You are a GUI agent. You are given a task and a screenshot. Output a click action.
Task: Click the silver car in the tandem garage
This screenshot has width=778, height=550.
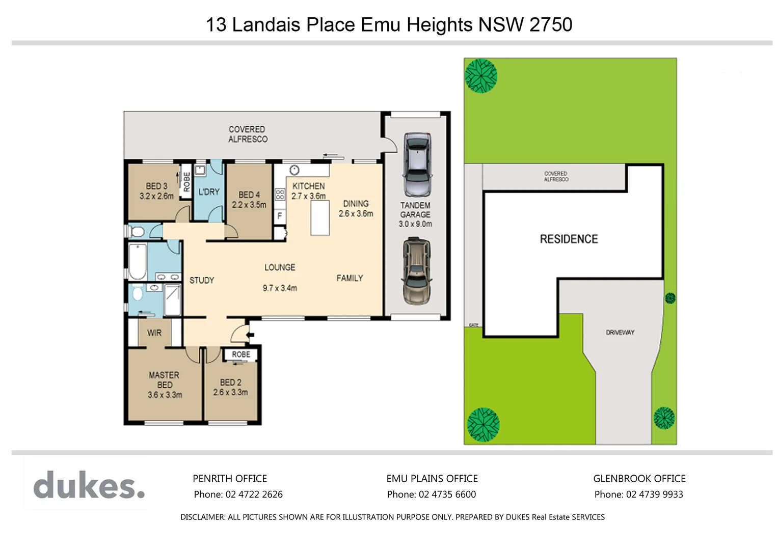click(417, 164)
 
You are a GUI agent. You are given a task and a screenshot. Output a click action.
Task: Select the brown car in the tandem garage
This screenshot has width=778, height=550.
click(417, 272)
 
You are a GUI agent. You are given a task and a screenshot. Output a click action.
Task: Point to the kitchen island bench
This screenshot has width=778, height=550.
click(320, 218)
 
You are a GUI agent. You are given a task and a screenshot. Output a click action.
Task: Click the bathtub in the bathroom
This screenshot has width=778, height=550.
click(138, 262)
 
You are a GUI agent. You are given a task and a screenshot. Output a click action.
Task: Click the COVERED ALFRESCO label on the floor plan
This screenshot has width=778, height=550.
click(248, 134)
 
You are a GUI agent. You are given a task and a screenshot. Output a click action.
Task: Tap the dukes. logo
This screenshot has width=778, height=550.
click(89, 485)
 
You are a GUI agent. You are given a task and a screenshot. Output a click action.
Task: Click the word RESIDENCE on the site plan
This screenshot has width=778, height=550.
click(569, 239)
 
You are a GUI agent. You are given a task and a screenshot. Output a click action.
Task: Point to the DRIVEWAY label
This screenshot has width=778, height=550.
click(620, 333)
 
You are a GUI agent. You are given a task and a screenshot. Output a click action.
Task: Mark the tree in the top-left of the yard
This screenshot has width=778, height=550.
click(480, 76)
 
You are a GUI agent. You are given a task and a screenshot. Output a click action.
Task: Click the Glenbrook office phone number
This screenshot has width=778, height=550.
click(654, 494)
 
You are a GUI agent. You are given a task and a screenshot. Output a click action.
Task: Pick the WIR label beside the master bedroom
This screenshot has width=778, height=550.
click(154, 333)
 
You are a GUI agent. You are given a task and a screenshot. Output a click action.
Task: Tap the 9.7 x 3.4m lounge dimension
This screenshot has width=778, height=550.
click(280, 288)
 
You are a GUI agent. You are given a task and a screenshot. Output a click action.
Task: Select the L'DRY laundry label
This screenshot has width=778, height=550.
click(209, 192)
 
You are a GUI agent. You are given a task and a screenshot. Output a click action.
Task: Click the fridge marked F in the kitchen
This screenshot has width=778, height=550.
click(279, 216)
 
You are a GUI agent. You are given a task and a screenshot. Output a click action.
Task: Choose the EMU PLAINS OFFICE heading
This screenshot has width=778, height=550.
click(432, 479)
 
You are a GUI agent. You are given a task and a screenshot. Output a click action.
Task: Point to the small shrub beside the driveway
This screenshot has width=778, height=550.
click(670, 298)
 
